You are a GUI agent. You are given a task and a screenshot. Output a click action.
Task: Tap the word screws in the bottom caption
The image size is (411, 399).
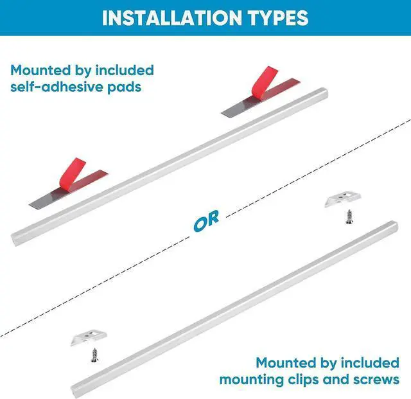pyautogui.click(x=375, y=380)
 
